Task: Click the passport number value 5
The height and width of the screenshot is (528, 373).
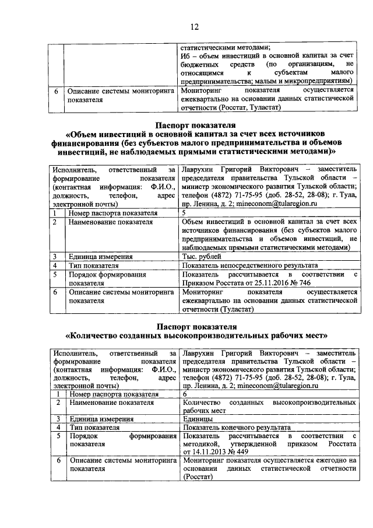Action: (184, 214)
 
